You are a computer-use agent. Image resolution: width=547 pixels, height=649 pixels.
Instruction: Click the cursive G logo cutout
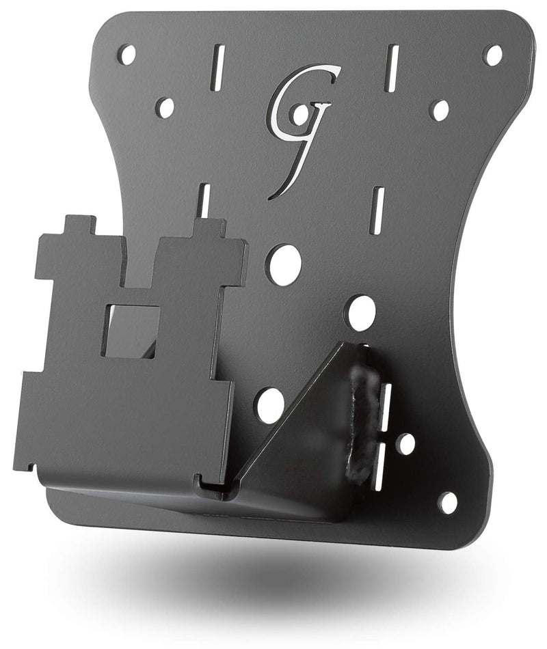click(301, 123)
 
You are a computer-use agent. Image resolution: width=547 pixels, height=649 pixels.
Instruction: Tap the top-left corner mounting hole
click(127, 55)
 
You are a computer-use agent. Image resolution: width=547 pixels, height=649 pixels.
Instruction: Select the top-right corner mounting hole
click(492, 55)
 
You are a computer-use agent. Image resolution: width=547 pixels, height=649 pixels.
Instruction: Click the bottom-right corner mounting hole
click(447, 503)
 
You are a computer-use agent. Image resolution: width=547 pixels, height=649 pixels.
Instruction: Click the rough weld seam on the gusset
click(360, 424)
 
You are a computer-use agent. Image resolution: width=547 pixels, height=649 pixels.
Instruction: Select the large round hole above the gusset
click(361, 313)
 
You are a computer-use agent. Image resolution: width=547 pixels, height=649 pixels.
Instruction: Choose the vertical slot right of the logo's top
click(391, 68)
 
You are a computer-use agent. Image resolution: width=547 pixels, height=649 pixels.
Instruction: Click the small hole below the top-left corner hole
click(165, 107)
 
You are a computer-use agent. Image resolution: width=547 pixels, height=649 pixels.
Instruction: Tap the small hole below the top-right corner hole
click(439, 110)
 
